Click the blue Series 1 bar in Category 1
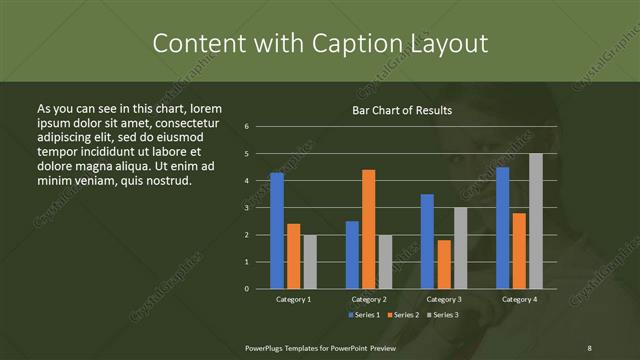pyautogui.click(x=277, y=231)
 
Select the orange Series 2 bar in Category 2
pyautogui.click(x=369, y=229)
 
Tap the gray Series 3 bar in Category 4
pyautogui.click(x=536, y=221)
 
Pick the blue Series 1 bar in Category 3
pyautogui.click(x=427, y=241)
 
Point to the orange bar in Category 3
pyautogui.click(x=444, y=264)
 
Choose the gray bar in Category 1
pyautogui.click(x=310, y=262)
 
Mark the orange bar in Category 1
pyautogui.click(x=294, y=256)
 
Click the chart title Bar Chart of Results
pyautogui.click(x=403, y=110)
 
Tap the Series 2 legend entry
pyautogui.click(x=403, y=315)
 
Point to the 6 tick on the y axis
pyautogui.click(x=260, y=127)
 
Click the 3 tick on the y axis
pyautogui.click(x=260, y=208)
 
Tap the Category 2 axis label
pyautogui.click(x=369, y=299)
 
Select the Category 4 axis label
pyautogui.click(x=519, y=299)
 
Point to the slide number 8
pyautogui.click(x=590, y=346)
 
